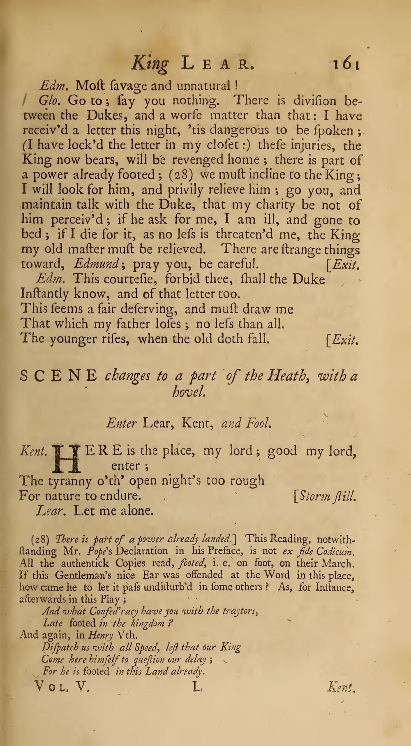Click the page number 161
(346, 65)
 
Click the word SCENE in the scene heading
(59, 375)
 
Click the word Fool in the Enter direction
(259, 423)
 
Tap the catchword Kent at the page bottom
(341, 686)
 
